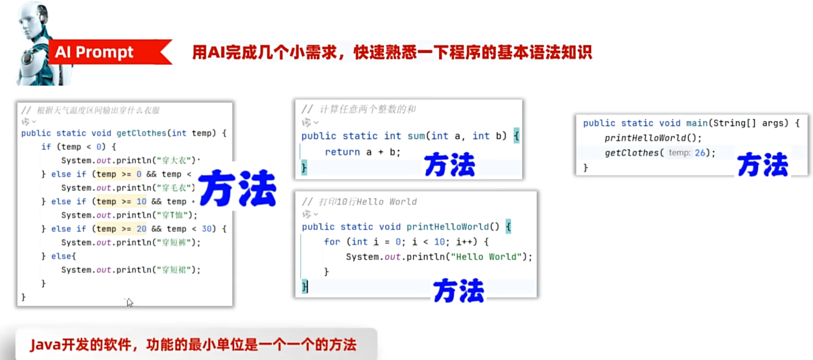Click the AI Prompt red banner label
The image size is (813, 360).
tap(94, 52)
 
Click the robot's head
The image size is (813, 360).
tap(34, 19)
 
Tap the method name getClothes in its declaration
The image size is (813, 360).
tap(142, 133)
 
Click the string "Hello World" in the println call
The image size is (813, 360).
tap(486, 257)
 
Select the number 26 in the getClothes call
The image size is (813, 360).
tap(700, 153)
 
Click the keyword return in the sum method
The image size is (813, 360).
tap(342, 152)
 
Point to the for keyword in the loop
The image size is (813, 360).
tap(332, 242)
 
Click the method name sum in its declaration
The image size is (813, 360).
tap(416, 136)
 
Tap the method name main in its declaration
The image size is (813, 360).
tap(697, 123)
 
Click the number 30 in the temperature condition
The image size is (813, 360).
tap(207, 229)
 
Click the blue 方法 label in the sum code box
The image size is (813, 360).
tap(450, 165)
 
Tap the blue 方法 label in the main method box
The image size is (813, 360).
tap(763, 165)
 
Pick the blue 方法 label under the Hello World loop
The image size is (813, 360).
tap(458, 290)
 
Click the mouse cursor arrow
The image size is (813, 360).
tap(129, 302)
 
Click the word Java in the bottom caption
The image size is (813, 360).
tap(45, 345)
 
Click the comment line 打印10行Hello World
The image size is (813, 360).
tap(359, 202)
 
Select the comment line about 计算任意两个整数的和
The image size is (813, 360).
tap(359, 109)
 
